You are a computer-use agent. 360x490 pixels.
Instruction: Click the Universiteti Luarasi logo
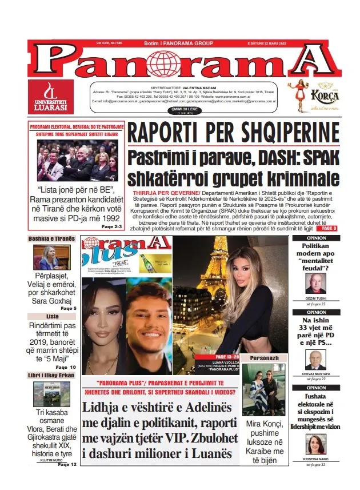click(x=51, y=96)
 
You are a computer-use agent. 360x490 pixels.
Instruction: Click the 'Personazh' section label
click(x=263, y=357)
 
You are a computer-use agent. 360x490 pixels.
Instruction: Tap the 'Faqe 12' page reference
click(x=66, y=464)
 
